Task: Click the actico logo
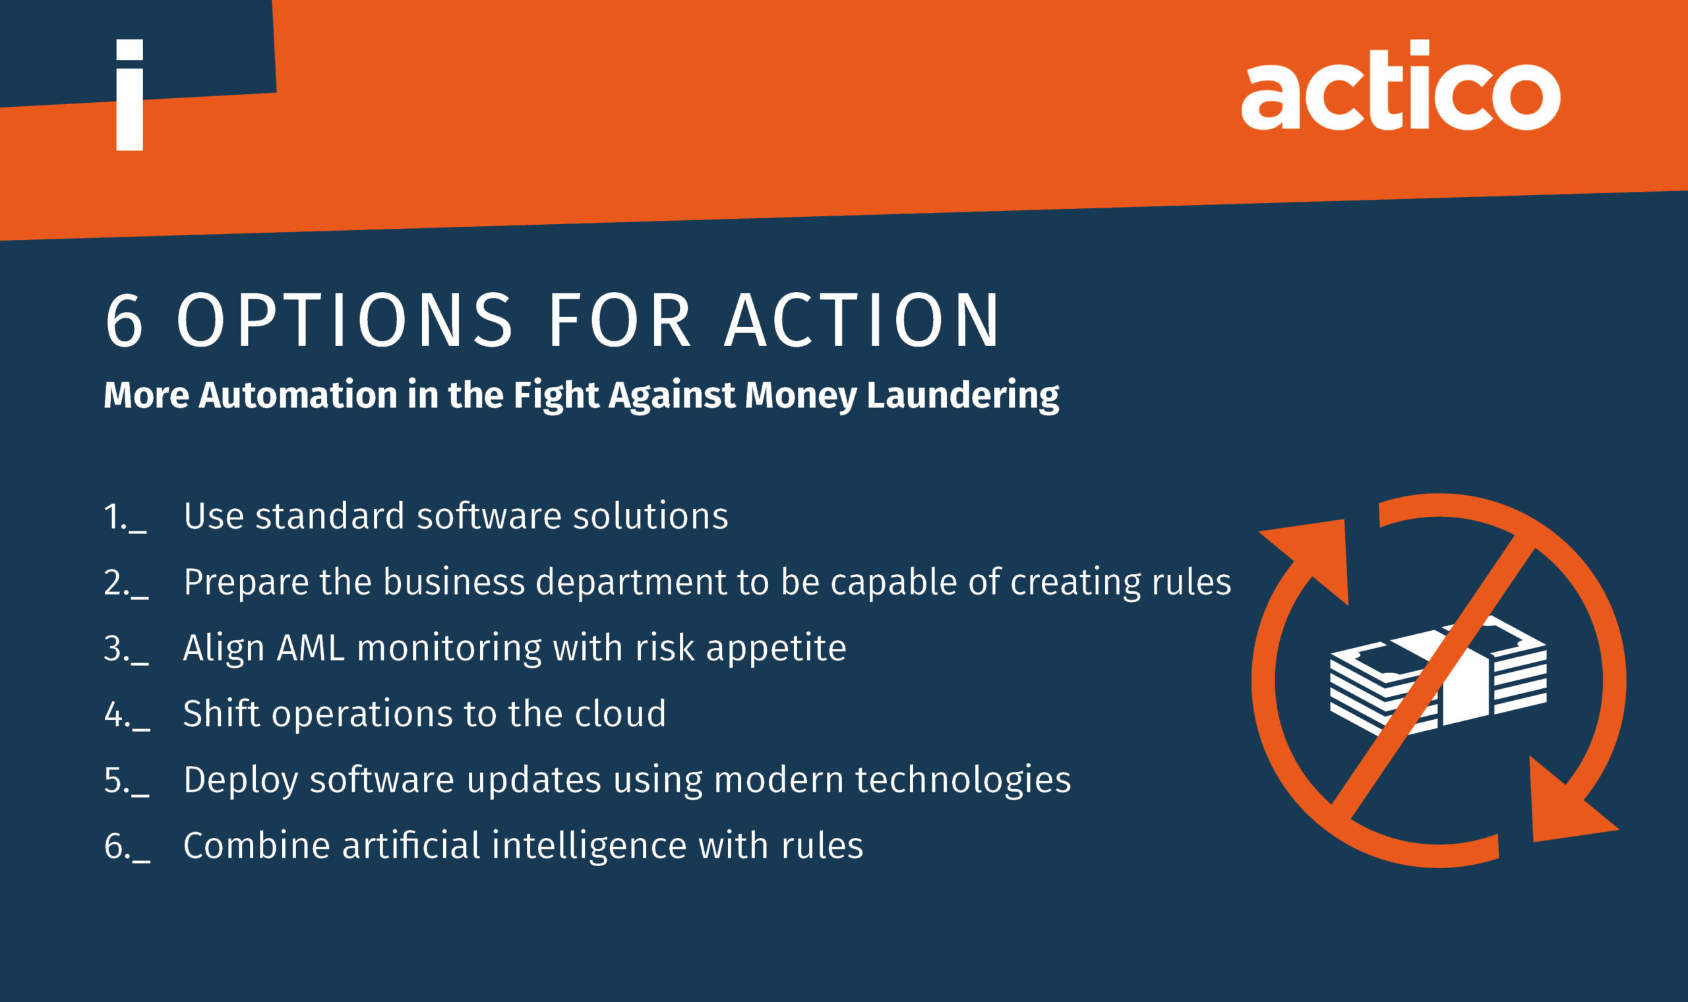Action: click(1401, 84)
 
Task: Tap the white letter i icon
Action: click(130, 94)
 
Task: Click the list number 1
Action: click(125, 517)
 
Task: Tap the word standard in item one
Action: click(330, 517)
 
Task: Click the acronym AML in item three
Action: click(311, 649)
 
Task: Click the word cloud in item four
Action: click(620, 714)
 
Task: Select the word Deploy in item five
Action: click(241, 782)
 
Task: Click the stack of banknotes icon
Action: click(1438, 675)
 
